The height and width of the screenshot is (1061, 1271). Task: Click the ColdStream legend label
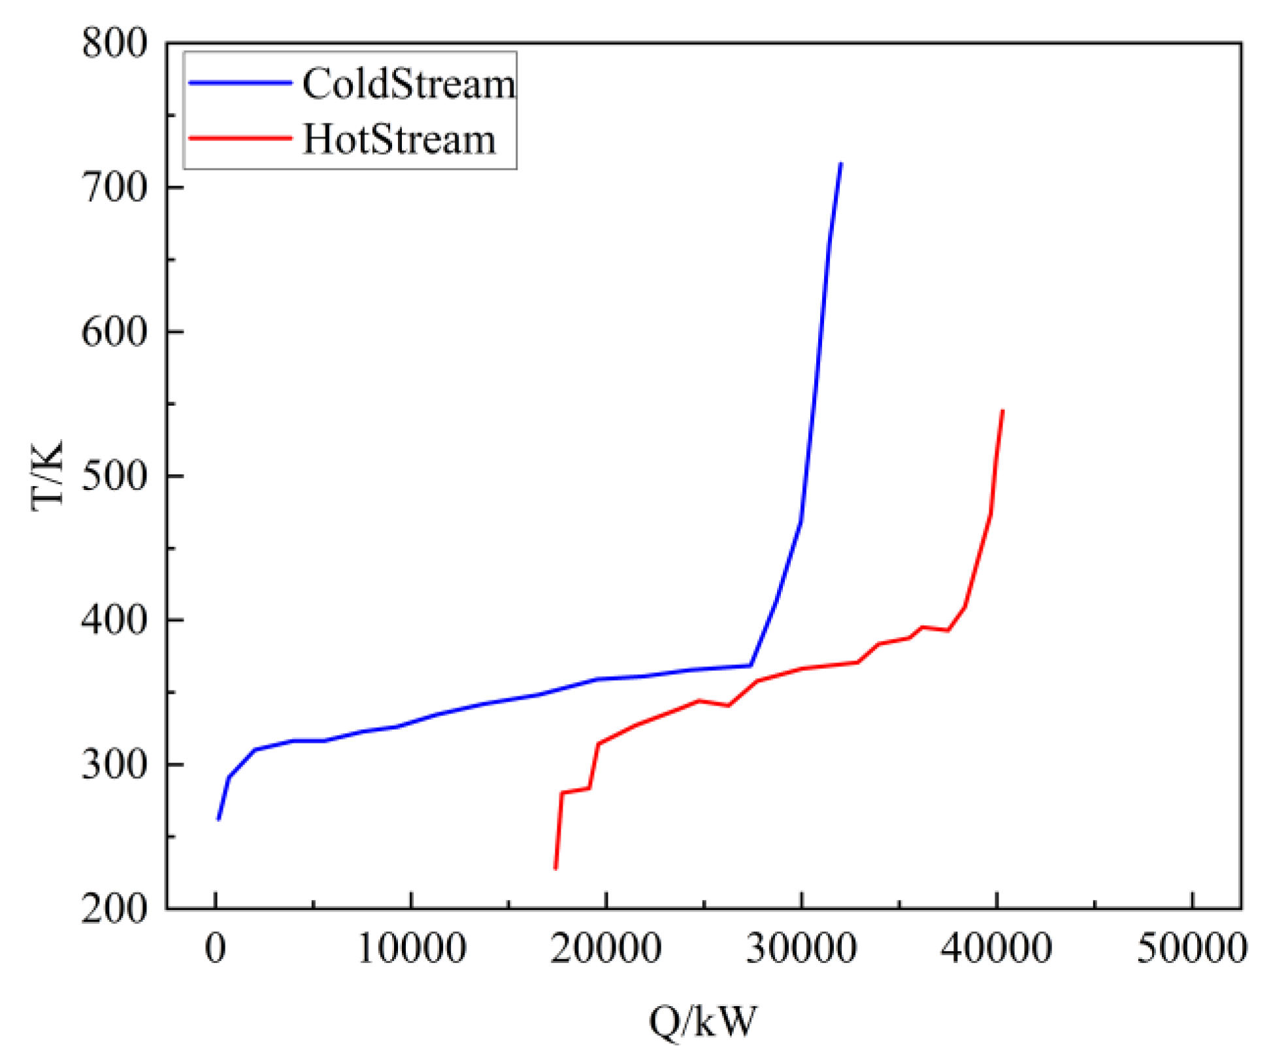(x=408, y=84)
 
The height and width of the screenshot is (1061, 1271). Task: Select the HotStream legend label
(x=399, y=139)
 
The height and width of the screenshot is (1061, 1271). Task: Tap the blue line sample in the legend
(x=240, y=83)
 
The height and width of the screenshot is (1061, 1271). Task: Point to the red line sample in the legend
(x=240, y=138)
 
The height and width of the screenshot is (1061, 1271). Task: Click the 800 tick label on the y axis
(x=114, y=44)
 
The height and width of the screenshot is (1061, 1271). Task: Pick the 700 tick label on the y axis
(x=114, y=188)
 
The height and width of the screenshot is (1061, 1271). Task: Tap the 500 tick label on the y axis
(x=114, y=476)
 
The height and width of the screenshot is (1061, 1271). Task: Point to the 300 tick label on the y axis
(x=114, y=764)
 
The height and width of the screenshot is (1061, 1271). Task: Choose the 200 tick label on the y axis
(x=114, y=908)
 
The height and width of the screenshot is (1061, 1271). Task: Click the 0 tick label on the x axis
(x=216, y=948)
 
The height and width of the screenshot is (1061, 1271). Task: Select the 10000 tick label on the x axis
(x=412, y=948)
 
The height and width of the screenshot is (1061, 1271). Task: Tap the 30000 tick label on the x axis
(x=801, y=948)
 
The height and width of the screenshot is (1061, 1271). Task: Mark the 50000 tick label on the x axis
(x=1192, y=948)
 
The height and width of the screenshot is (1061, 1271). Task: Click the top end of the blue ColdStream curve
(x=840, y=163)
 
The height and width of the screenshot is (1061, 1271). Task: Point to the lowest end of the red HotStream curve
(x=555, y=868)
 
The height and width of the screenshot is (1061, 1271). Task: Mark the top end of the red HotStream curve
(x=1002, y=411)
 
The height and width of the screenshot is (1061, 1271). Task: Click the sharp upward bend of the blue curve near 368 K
(x=751, y=665)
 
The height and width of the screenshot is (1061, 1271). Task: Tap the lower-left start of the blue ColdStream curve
(x=218, y=819)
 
